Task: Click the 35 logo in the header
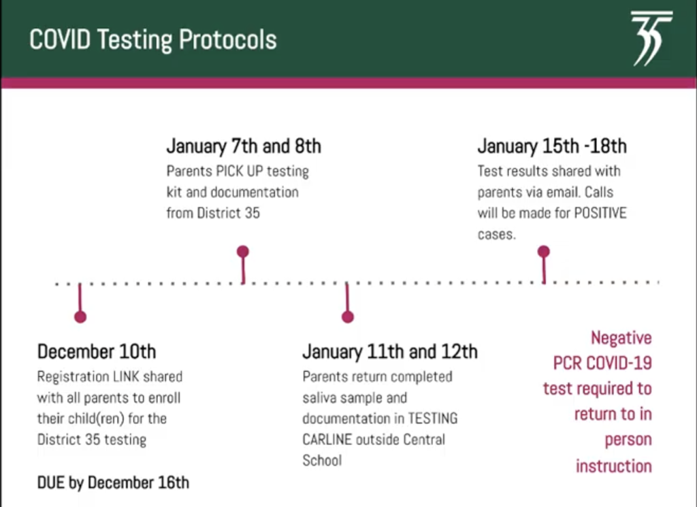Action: pos(651,38)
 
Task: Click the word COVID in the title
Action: pos(60,39)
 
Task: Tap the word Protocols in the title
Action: pos(228,39)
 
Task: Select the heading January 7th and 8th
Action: pos(244,146)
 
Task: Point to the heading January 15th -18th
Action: pos(552,146)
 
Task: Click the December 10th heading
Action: pos(97,351)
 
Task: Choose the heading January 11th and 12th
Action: pos(390,351)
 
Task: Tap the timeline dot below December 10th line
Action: pos(80,317)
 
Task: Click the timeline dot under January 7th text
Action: pos(243,252)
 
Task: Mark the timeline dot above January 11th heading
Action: pos(348,317)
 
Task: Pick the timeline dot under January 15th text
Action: pos(544,252)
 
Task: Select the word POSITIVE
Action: pos(600,213)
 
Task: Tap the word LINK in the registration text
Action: pos(126,377)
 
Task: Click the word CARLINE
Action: pos(327,440)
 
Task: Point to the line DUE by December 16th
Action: pos(113,483)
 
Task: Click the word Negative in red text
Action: pos(621,338)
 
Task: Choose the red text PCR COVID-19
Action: pos(602,363)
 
